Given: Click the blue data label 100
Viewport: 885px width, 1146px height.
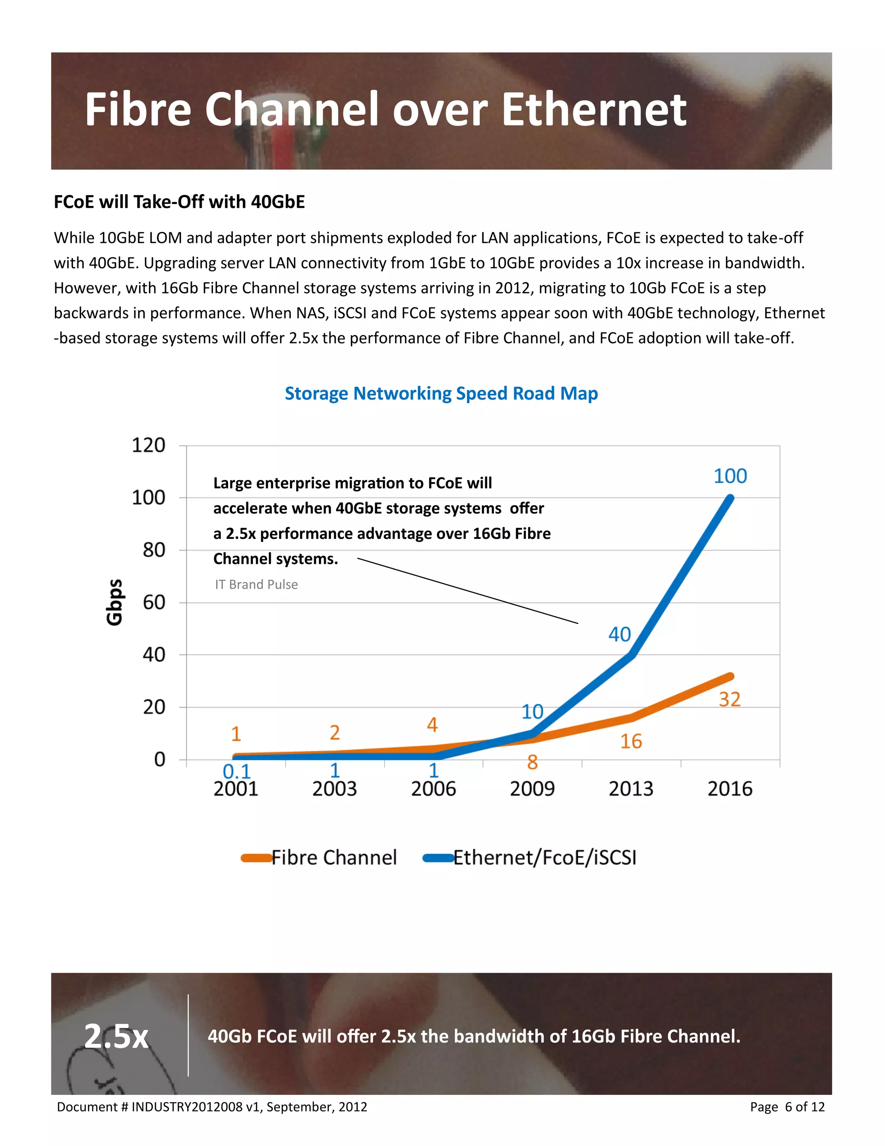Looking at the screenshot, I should pos(730,476).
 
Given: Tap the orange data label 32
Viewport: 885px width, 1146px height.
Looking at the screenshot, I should pos(729,699).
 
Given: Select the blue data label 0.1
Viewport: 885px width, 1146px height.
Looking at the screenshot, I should pos(236,771).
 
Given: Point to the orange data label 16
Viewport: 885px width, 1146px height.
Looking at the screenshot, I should pos(631,741).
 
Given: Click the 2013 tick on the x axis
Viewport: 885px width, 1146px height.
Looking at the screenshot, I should pos(631,789).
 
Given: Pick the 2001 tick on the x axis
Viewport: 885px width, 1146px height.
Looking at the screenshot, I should pos(236,789).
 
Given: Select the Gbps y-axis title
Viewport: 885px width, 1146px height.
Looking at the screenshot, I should pos(114,602).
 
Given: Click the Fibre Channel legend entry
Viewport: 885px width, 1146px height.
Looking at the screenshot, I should pos(334,858).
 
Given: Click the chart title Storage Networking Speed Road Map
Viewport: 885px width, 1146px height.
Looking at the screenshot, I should pos(441,393).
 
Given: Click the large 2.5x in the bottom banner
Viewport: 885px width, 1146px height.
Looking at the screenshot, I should pos(116,1036).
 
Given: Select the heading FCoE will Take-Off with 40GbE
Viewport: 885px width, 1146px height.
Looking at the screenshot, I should pos(179,202).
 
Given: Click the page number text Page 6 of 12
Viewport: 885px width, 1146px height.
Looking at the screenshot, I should pos(787,1107).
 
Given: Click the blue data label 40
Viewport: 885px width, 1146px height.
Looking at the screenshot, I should pos(619,634).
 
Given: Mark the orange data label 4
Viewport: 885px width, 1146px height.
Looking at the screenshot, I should pos(432,725).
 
